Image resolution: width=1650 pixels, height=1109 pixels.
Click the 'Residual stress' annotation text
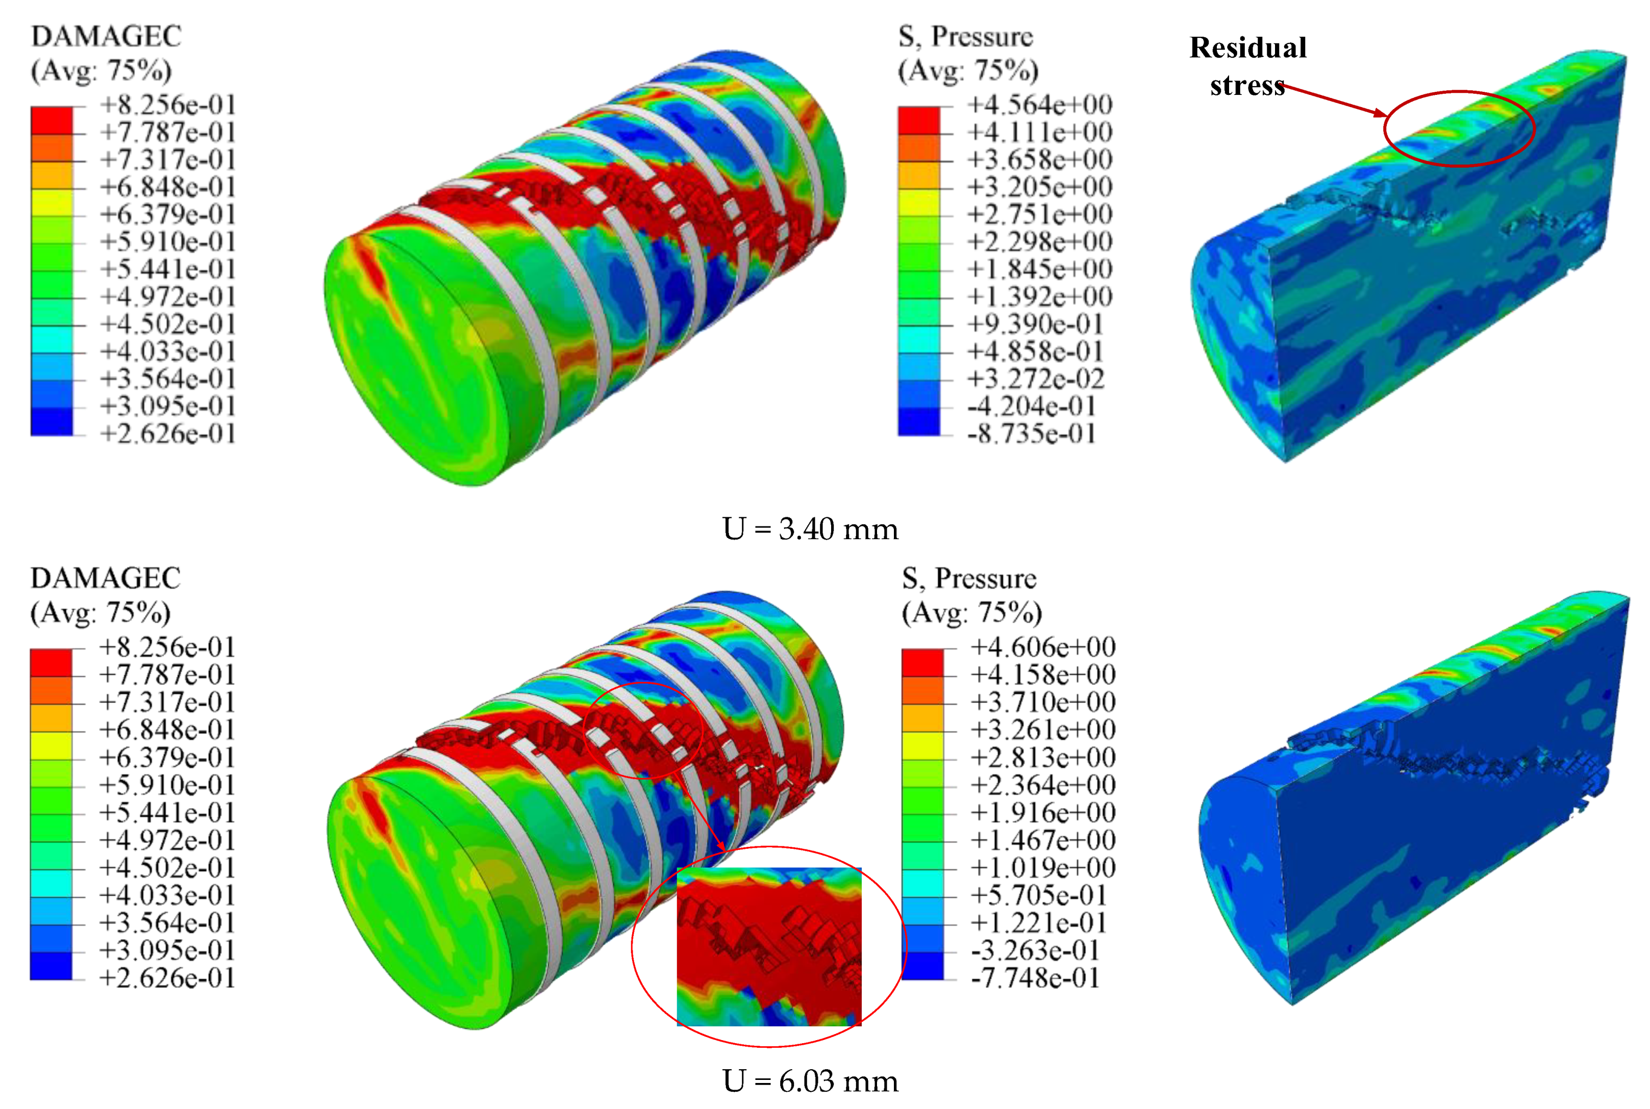[x=1247, y=66]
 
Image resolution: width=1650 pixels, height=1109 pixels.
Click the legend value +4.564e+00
[x=1040, y=105]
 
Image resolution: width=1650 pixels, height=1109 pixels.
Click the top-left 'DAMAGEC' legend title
[x=106, y=36]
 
